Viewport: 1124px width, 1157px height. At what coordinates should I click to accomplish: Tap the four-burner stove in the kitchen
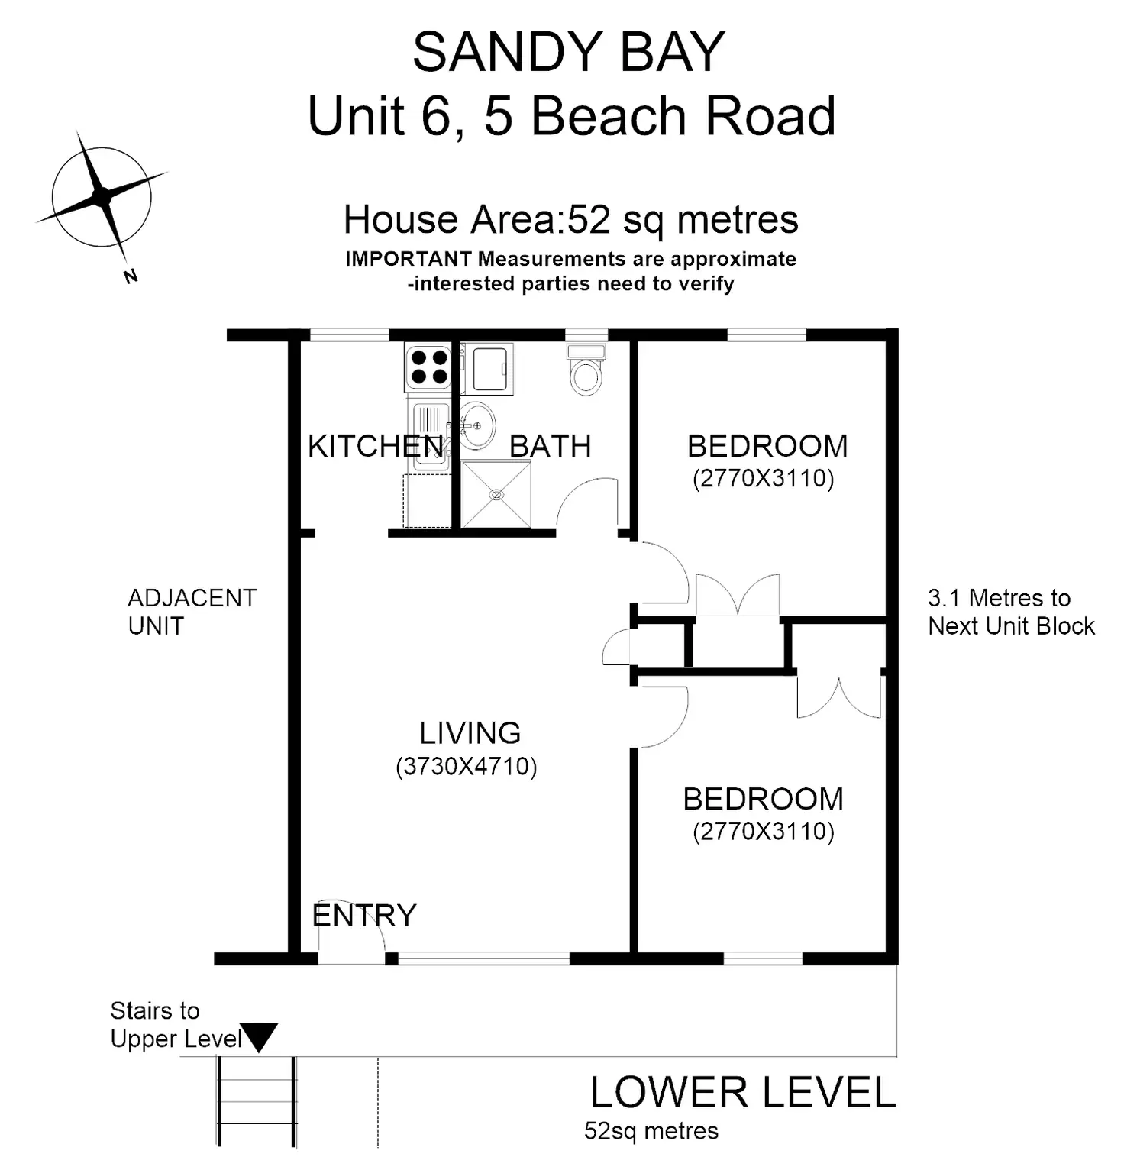[x=428, y=367]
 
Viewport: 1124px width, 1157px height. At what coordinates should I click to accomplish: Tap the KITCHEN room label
[x=375, y=446]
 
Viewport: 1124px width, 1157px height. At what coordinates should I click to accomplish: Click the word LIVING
[x=470, y=733]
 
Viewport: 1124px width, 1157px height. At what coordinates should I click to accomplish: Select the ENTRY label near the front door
[x=363, y=915]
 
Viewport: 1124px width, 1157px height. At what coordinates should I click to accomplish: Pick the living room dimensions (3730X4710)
[x=466, y=766]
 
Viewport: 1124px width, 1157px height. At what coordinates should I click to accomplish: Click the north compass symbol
[x=101, y=197]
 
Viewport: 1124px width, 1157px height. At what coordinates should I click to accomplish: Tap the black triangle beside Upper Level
[x=259, y=1037]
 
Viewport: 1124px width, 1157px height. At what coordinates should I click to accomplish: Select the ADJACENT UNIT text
[x=191, y=612]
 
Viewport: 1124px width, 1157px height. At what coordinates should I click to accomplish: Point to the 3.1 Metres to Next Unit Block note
[x=1010, y=612]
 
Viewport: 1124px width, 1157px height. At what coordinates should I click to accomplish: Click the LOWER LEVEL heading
[x=742, y=1092]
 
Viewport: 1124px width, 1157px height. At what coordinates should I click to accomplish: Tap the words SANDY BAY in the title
[x=568, y=52]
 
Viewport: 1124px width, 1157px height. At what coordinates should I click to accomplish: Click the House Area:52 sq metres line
[x=570, y=220]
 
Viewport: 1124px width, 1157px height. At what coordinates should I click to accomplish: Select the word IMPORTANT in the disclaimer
[x=409, y=259]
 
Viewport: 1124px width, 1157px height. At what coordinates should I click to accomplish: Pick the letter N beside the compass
[x=131, y=276]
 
